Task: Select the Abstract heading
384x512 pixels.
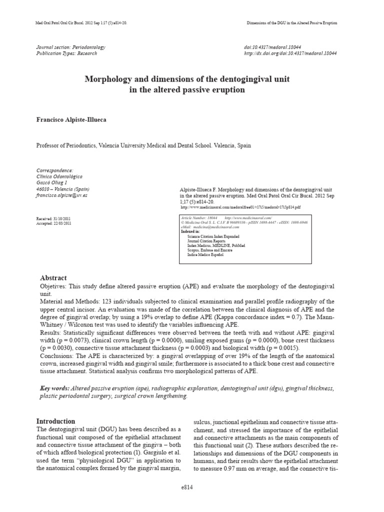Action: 53,277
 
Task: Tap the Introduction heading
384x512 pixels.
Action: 56,421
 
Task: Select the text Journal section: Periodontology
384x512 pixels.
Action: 70,47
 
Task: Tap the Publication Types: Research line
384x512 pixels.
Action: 67,53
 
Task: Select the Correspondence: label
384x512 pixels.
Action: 54,170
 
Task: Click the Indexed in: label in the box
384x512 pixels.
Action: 190,232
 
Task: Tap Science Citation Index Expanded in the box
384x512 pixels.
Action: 213,236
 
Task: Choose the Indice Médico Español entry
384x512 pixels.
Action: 205,254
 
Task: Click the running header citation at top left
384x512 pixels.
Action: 83,23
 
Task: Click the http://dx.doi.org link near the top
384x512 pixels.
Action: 289,53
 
